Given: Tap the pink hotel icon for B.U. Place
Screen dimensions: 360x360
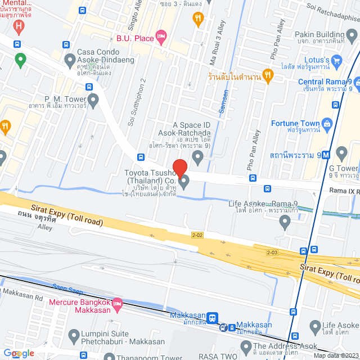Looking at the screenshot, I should click(161, 37).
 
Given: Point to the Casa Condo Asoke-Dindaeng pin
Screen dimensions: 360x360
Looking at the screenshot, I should click(70, 59).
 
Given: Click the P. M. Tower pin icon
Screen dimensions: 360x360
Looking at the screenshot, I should click(93, 100).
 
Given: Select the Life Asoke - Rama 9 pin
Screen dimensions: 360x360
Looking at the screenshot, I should click(285, 223).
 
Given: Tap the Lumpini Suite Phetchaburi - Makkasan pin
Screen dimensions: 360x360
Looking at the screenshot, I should click(74, 337).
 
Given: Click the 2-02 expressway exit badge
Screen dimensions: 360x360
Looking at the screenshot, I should click(197, 235).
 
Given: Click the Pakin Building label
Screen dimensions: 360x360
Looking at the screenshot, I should click(319, 34).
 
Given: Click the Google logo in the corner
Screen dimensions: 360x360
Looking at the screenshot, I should click(19, 353).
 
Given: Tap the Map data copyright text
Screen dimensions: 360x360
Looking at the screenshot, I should click(335, 355).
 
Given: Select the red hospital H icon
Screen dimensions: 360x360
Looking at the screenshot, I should click(20, 26).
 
